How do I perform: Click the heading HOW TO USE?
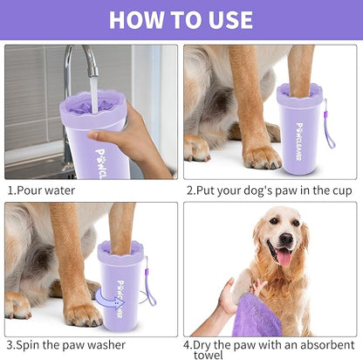point(181,19)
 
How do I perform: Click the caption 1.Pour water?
point(41,190)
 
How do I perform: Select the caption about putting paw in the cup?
point(268,190)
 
